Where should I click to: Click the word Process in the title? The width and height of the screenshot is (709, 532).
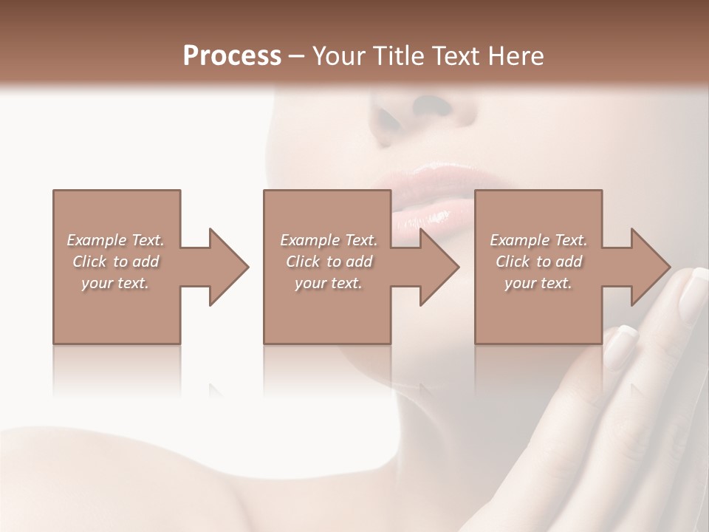pos(232,55)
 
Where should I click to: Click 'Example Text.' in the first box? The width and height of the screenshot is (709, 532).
pos(116,240)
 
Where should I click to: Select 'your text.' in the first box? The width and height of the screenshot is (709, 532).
pos(115,283)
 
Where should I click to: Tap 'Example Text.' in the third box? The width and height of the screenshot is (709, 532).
pos(538,240)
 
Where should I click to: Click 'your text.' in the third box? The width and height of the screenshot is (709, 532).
pos(538,283)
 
